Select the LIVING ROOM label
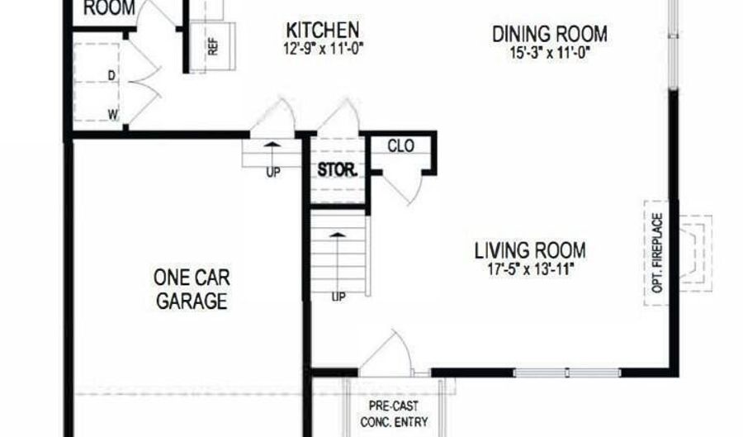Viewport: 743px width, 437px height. (530, 249)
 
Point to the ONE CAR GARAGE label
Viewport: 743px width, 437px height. (192, 288)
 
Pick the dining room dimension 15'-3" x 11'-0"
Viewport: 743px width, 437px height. (550, 51)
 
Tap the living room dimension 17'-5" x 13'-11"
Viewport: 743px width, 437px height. (530, 268)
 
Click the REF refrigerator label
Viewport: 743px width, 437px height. (212, 46)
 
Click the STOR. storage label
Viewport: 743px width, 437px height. (338, 173)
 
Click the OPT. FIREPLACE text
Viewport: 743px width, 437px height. (658, 254)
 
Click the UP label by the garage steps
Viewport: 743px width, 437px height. (273, 173)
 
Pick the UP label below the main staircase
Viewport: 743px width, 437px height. (338, 297)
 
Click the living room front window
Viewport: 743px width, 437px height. (567, 373)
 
